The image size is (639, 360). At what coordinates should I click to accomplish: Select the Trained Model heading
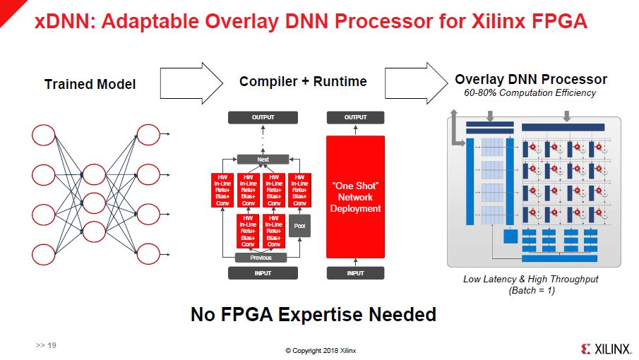click(x=90, y=84)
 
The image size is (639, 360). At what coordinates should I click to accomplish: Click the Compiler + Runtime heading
click(x=303, y=81)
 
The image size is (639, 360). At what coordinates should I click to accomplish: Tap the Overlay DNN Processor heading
click(x=530, y=79)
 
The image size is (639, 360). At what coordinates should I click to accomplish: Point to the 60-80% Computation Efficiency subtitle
click(x=530, y=92)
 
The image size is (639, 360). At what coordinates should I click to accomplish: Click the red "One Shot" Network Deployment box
click(x=355, y=197)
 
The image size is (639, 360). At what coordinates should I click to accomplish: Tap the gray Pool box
click(x=297, y=227)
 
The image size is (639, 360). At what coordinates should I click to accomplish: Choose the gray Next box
click(x=263, y=160)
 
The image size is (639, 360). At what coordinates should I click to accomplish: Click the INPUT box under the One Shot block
click(x=355, y=273)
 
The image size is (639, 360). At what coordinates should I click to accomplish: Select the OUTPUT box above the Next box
click(x=263, y=117)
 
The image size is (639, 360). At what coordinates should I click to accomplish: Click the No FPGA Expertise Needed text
click(x=313, y=314)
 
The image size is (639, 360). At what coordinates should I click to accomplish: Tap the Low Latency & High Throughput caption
click(x=530, y=279)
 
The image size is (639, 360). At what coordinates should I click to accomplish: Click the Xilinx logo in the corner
click(x=604, y=349)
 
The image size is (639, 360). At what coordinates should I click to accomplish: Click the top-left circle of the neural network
click(x=44, y=134)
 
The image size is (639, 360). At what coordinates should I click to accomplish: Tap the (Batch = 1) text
click(x=530, y=290)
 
